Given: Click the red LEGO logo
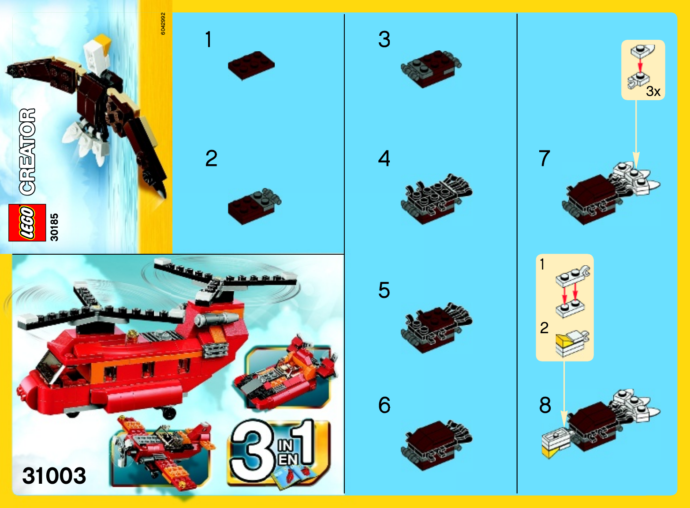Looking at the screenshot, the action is point(27,222).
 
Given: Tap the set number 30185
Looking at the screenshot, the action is point(54,227).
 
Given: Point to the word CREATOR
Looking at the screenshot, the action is point(27,152).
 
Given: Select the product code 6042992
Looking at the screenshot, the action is point(163,24).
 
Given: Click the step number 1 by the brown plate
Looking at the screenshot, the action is point(209,39).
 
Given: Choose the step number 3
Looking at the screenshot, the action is point(384,39).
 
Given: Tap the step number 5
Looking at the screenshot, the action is point(384,290).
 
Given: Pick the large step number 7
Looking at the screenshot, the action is point(545,158).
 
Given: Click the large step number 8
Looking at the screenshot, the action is point(545,405).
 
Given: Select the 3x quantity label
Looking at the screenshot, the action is point(653,91).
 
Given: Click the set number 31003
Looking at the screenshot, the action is point(54,475).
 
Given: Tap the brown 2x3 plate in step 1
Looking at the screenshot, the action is point(251,65).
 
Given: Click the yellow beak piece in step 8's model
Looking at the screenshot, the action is point(550,452).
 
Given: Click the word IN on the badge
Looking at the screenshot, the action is point(285,446).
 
